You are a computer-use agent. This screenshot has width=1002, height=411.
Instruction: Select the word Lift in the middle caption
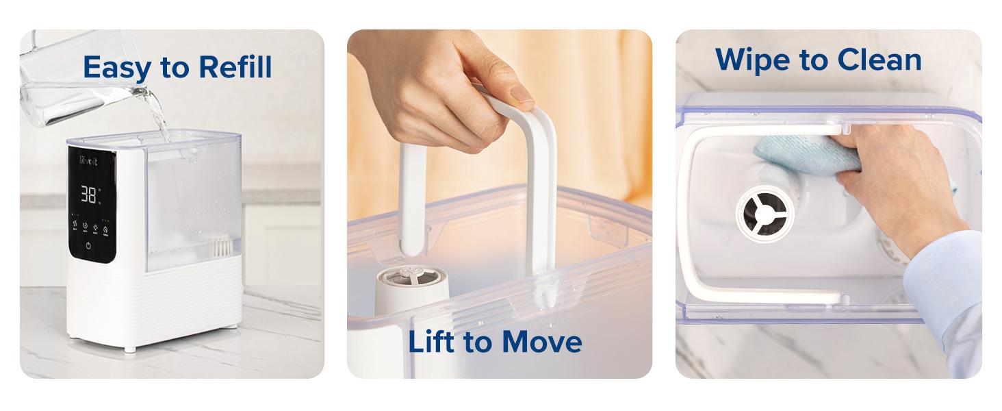[432, 342]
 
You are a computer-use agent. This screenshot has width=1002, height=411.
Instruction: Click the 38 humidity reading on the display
[90, 195]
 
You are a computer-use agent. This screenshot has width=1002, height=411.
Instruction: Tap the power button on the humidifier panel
[90, 245]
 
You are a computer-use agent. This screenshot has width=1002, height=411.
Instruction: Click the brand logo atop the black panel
[89, 161]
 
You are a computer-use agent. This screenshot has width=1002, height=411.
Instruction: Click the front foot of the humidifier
[130, 348]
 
